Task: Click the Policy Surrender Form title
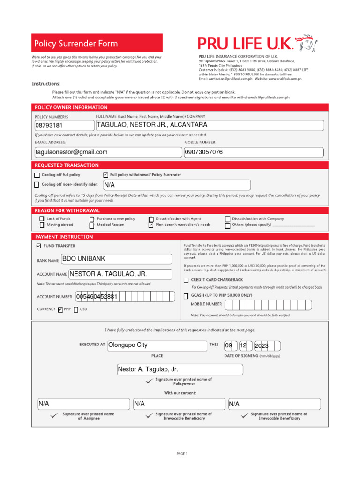coord(76,44)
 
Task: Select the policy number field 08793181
coord(64,126)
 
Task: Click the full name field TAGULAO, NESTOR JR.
coord(209,125)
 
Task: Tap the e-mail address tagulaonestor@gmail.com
coord(108,152)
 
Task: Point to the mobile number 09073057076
coord(254,152)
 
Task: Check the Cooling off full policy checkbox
coord(37,175)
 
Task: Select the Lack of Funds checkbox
coord(42,219)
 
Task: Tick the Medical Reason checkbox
coord(92,225)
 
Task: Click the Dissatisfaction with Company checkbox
coord(228,219)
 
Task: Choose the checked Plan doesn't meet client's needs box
coord(151,225)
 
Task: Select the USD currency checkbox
coord(76,309)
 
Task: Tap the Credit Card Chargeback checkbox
coord(186,280)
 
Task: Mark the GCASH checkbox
coord(186,296)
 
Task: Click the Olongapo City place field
coord(157,345)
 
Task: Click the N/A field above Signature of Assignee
coord(83,404)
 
